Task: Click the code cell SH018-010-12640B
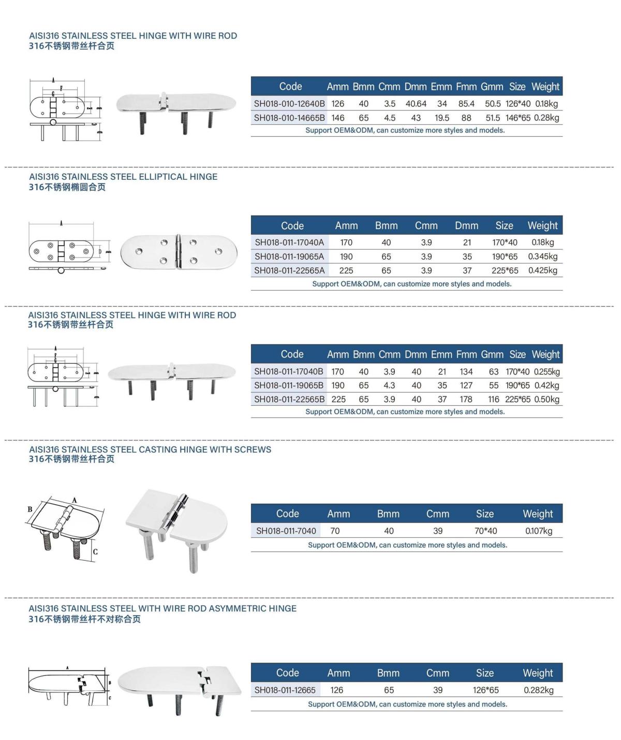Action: click(289, 104)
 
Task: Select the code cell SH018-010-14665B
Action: click(289, 118)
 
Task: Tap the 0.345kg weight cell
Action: click(543, 257)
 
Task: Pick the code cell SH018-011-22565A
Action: click(289, 271)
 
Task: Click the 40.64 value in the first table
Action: click(416, 104)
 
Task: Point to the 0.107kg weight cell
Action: click(539, 531)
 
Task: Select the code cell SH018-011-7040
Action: click(286, 531)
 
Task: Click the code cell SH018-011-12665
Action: click(285, 690)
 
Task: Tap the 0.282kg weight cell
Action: click(539, 690)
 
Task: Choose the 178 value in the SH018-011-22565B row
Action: click(466, 400)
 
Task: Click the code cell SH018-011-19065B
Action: click(289, 386)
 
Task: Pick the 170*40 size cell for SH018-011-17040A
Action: click(505, 243)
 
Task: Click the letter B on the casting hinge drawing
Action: click(30, 509)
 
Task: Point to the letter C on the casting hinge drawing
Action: click(95, 552)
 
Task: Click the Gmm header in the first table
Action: click(492, 87)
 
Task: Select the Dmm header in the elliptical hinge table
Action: click(466, 226)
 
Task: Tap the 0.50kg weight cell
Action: click(546, 400)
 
